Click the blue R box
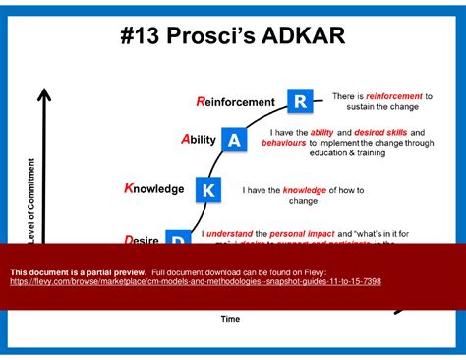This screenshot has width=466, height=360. [301, 100]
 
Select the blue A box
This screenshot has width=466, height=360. [234, 141]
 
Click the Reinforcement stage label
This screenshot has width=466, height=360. [235, 102]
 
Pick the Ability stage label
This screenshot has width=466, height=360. [198, 140]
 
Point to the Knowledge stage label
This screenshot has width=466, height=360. [153, 188]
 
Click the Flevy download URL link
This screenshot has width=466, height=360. [196, 281]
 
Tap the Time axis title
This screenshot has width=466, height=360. [230, 318]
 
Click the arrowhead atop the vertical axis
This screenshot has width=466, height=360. [43, 94]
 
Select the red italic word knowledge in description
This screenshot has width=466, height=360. [309, 189]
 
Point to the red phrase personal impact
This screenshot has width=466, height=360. [301, 234]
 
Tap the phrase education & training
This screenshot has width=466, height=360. [347, 152]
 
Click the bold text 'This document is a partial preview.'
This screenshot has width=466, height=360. [79, 270]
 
